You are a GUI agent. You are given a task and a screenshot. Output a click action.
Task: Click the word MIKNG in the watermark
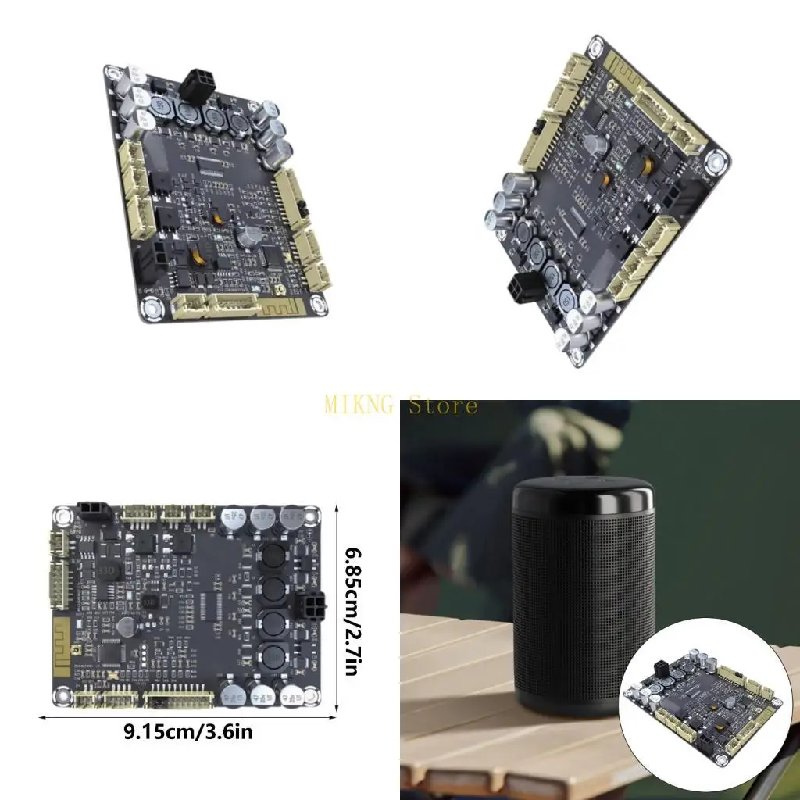point(361,405)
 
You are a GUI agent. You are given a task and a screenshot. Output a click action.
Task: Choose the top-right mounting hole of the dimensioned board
point(312,516)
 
